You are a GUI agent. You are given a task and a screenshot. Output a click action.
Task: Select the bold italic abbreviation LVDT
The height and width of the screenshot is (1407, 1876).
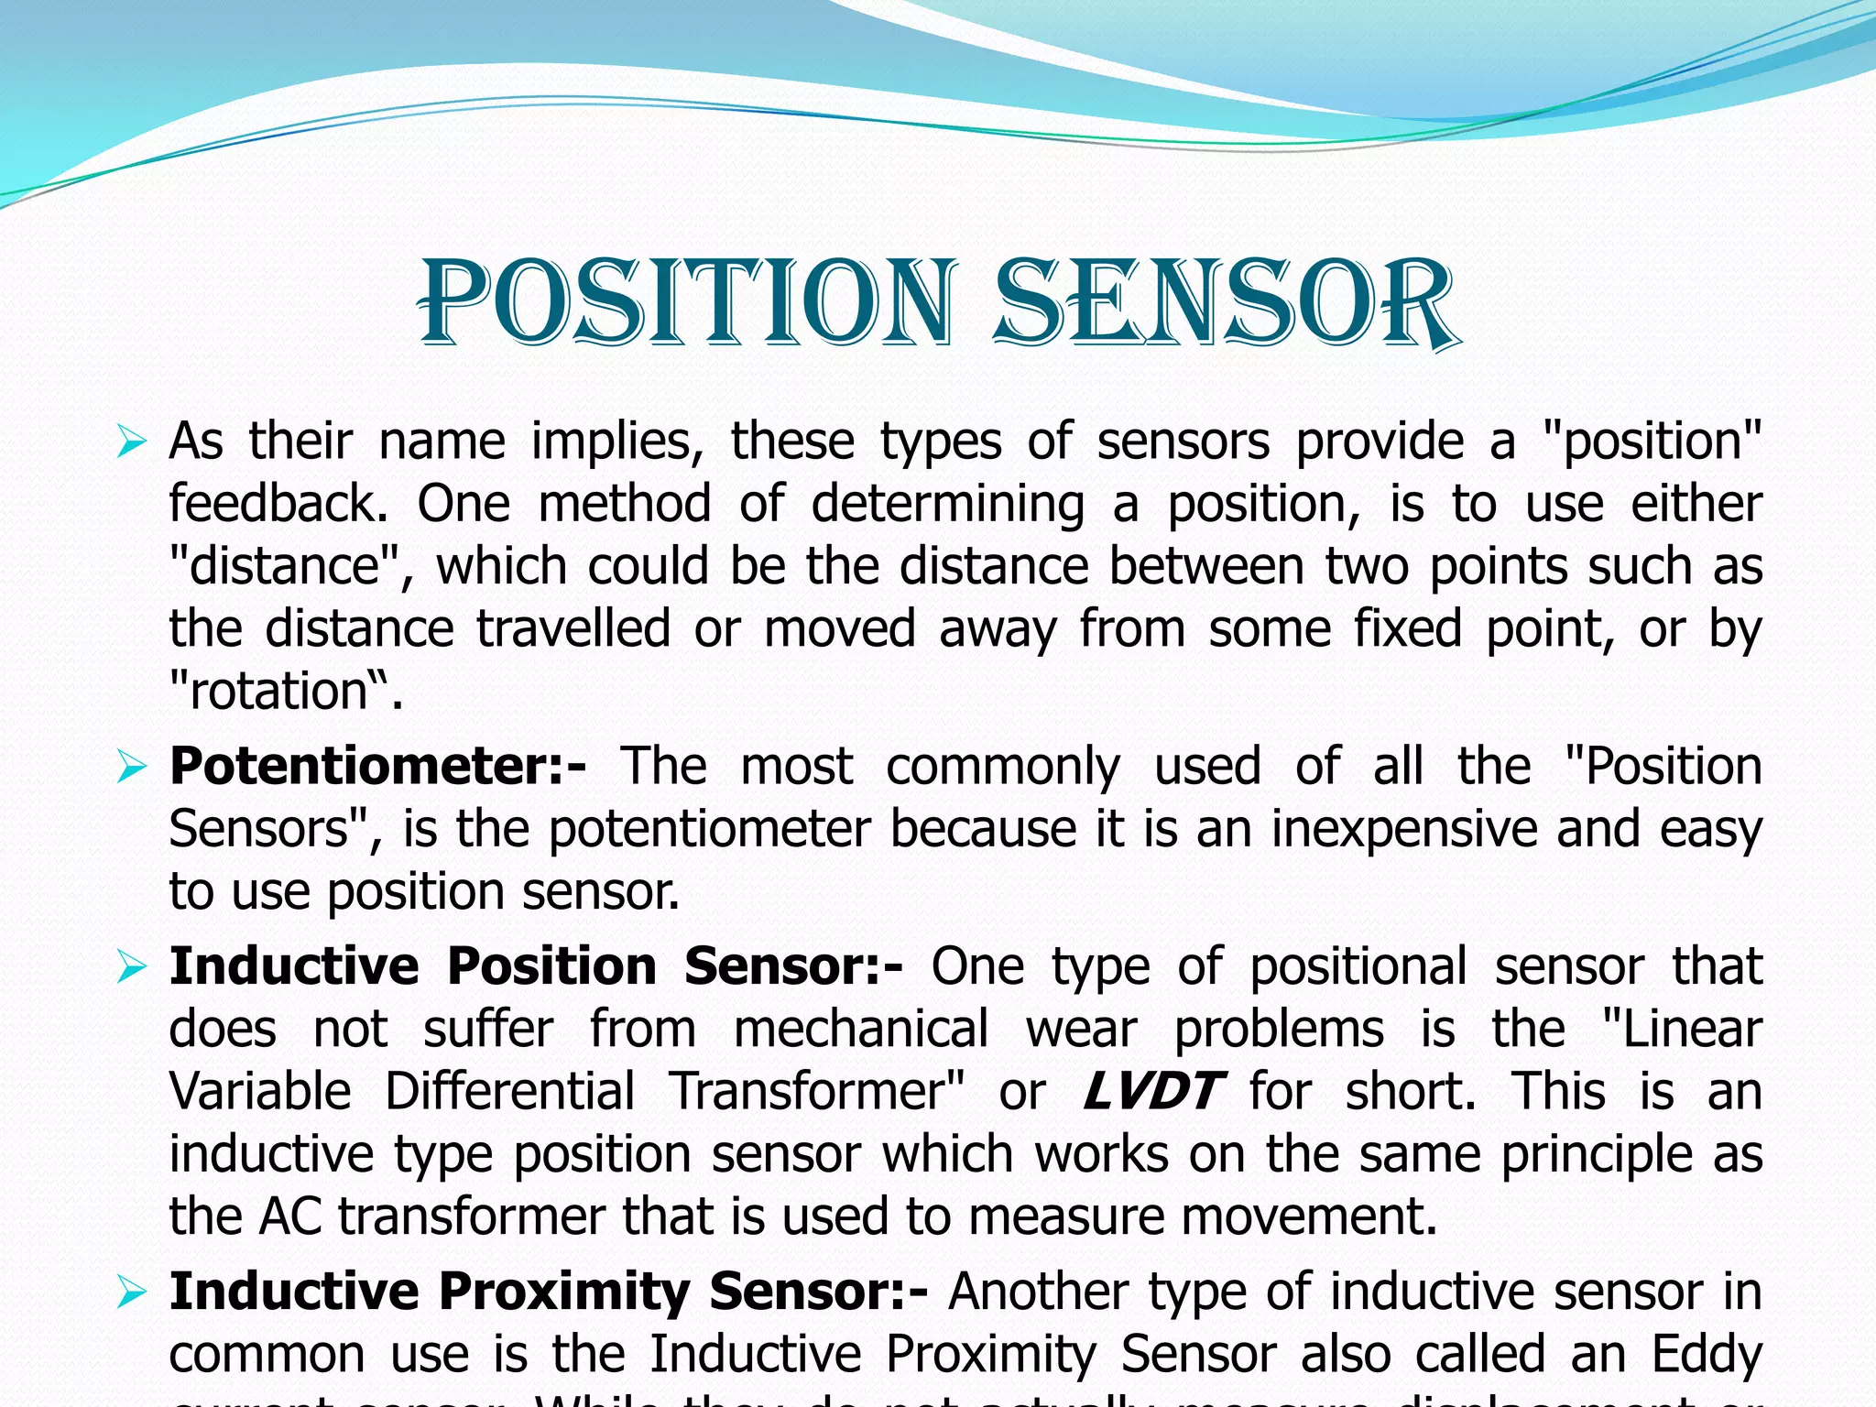coord(1151,1092)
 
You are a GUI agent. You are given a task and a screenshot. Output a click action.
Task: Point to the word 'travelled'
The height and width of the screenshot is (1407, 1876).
coord(573,630)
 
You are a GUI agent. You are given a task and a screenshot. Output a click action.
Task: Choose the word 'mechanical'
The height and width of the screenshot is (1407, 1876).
coord(861,1030)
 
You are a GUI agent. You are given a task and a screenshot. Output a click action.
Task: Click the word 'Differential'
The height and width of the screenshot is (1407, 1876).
coord(509,1092)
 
